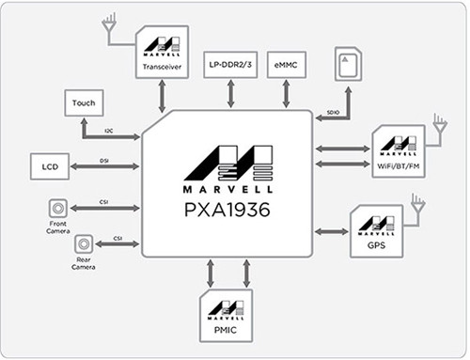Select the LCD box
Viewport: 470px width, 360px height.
tap(51, 166)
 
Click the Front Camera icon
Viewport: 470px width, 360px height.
tap(57, 208)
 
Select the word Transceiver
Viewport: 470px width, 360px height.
tap(162, 69)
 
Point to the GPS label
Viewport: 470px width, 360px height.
tap(376, 250)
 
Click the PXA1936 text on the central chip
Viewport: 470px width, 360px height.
tap(227, 211)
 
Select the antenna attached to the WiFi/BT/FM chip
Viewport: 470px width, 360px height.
tap(439, 123)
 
